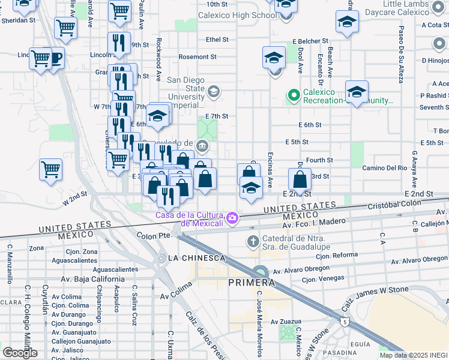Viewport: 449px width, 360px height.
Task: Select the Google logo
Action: coord(20,353)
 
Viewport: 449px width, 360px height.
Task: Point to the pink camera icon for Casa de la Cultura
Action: coord(231,218)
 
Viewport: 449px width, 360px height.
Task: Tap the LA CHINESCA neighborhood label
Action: coord(197,257)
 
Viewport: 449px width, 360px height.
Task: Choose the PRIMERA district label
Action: coord(251,282)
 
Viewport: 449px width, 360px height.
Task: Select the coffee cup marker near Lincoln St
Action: coord(55,58)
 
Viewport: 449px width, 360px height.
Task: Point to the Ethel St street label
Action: coord(217,40)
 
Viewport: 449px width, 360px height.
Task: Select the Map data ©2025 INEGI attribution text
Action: coord(414,355)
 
